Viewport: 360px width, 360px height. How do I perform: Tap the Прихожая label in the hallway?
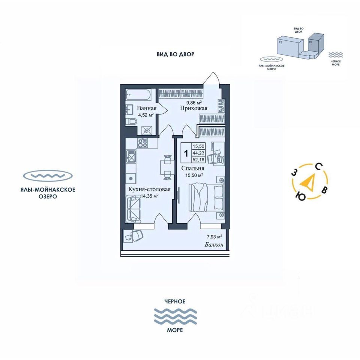[x=193, y=108]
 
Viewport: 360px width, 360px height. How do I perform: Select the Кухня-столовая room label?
[x=149, y=189]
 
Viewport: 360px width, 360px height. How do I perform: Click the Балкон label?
[x=214, y=245]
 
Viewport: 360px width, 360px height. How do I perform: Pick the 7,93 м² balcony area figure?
[x=214, y=237]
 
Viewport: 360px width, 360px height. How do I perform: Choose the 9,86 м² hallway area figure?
[x=194, y=102]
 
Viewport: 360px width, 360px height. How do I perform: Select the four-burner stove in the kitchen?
[x=142, y=143]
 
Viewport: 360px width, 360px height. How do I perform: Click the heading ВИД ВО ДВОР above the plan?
[x=175, y=54]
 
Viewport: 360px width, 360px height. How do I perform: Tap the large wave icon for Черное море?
[x=175, y=316]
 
